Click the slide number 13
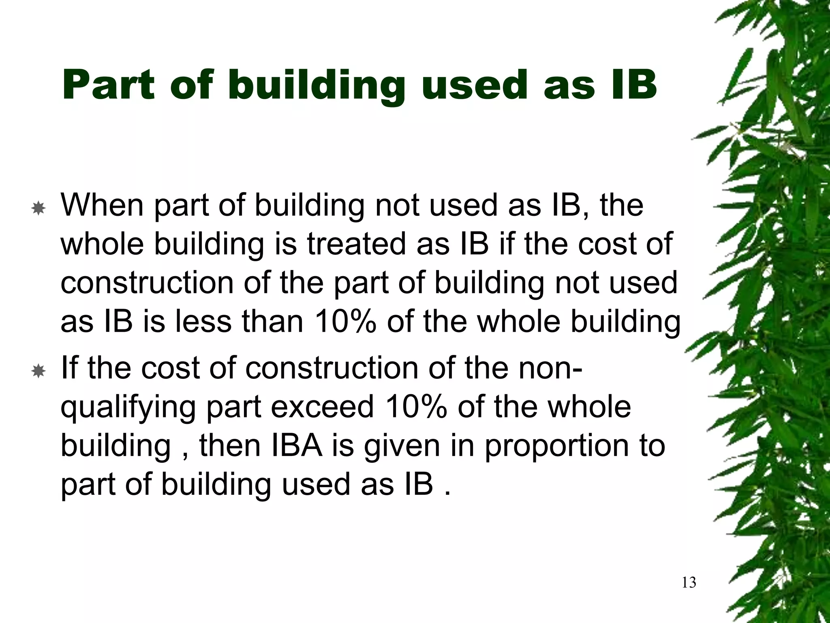click(689, 582)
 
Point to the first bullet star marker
click(38, 209)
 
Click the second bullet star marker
click(38, 371)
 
